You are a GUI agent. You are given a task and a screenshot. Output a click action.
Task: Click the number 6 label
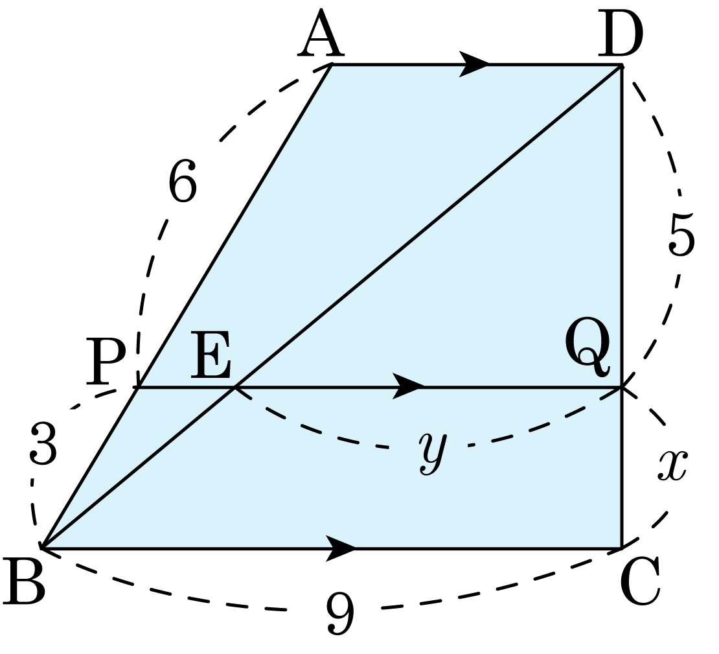coord(181,182)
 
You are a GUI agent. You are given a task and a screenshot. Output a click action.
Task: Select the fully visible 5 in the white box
coord(681,236)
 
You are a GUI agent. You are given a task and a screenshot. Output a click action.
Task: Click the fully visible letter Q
coord(588,349)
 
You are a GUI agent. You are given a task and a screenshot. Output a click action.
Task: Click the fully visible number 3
coord(43,445)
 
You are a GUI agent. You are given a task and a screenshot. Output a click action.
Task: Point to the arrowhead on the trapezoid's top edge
coord(474,69)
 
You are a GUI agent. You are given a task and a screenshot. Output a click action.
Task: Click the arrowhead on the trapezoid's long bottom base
coord(340,548)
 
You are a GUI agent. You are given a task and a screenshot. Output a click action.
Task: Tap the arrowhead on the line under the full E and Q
coord(408,386)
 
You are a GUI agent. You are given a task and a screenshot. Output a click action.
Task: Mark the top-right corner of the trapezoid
coord(621,66)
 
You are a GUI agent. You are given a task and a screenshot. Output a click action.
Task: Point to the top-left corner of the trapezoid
coord(333,66)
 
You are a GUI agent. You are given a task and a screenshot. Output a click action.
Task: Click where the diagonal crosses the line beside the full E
coord(235,387)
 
